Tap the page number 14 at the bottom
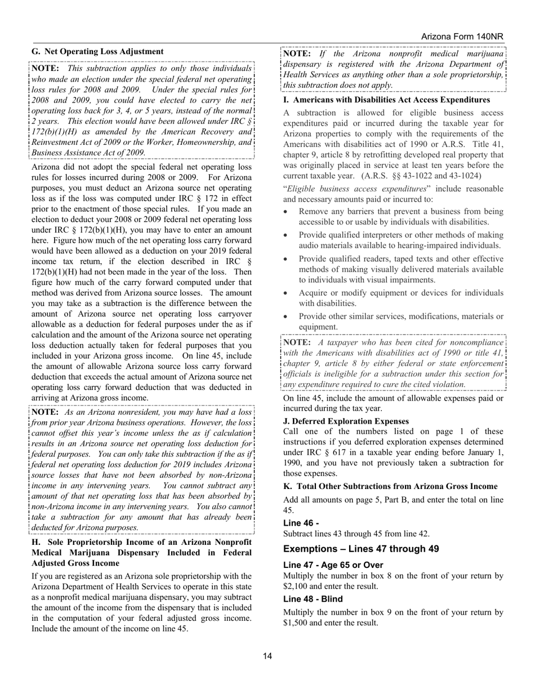(267, 655)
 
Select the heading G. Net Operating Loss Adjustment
(97, 51)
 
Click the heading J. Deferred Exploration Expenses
(346, 421)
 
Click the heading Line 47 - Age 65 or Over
(333, 565)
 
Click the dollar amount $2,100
(297, 586)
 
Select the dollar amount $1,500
(297, 623)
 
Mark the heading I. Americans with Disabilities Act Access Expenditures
(386, 100)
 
